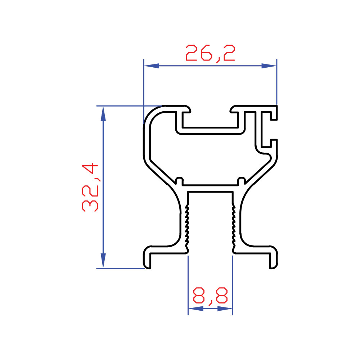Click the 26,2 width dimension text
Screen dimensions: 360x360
210,54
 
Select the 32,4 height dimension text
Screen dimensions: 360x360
90,187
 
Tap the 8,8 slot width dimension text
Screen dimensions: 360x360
210,296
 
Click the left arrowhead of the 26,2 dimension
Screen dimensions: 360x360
152,66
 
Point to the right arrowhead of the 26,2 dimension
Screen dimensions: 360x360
269,66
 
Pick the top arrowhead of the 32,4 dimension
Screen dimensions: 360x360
103,114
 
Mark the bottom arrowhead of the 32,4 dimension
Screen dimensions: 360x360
103,261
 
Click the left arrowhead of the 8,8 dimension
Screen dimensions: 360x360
196,309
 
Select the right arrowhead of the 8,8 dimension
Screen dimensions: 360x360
225,309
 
